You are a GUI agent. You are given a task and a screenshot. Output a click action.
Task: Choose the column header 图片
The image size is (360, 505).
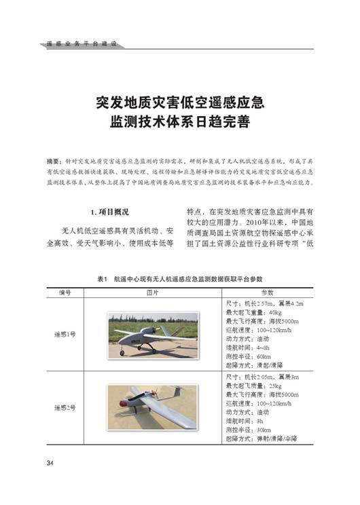click(153, 291)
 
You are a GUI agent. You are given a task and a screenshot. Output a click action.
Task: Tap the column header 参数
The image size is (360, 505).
click(268, 291)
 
